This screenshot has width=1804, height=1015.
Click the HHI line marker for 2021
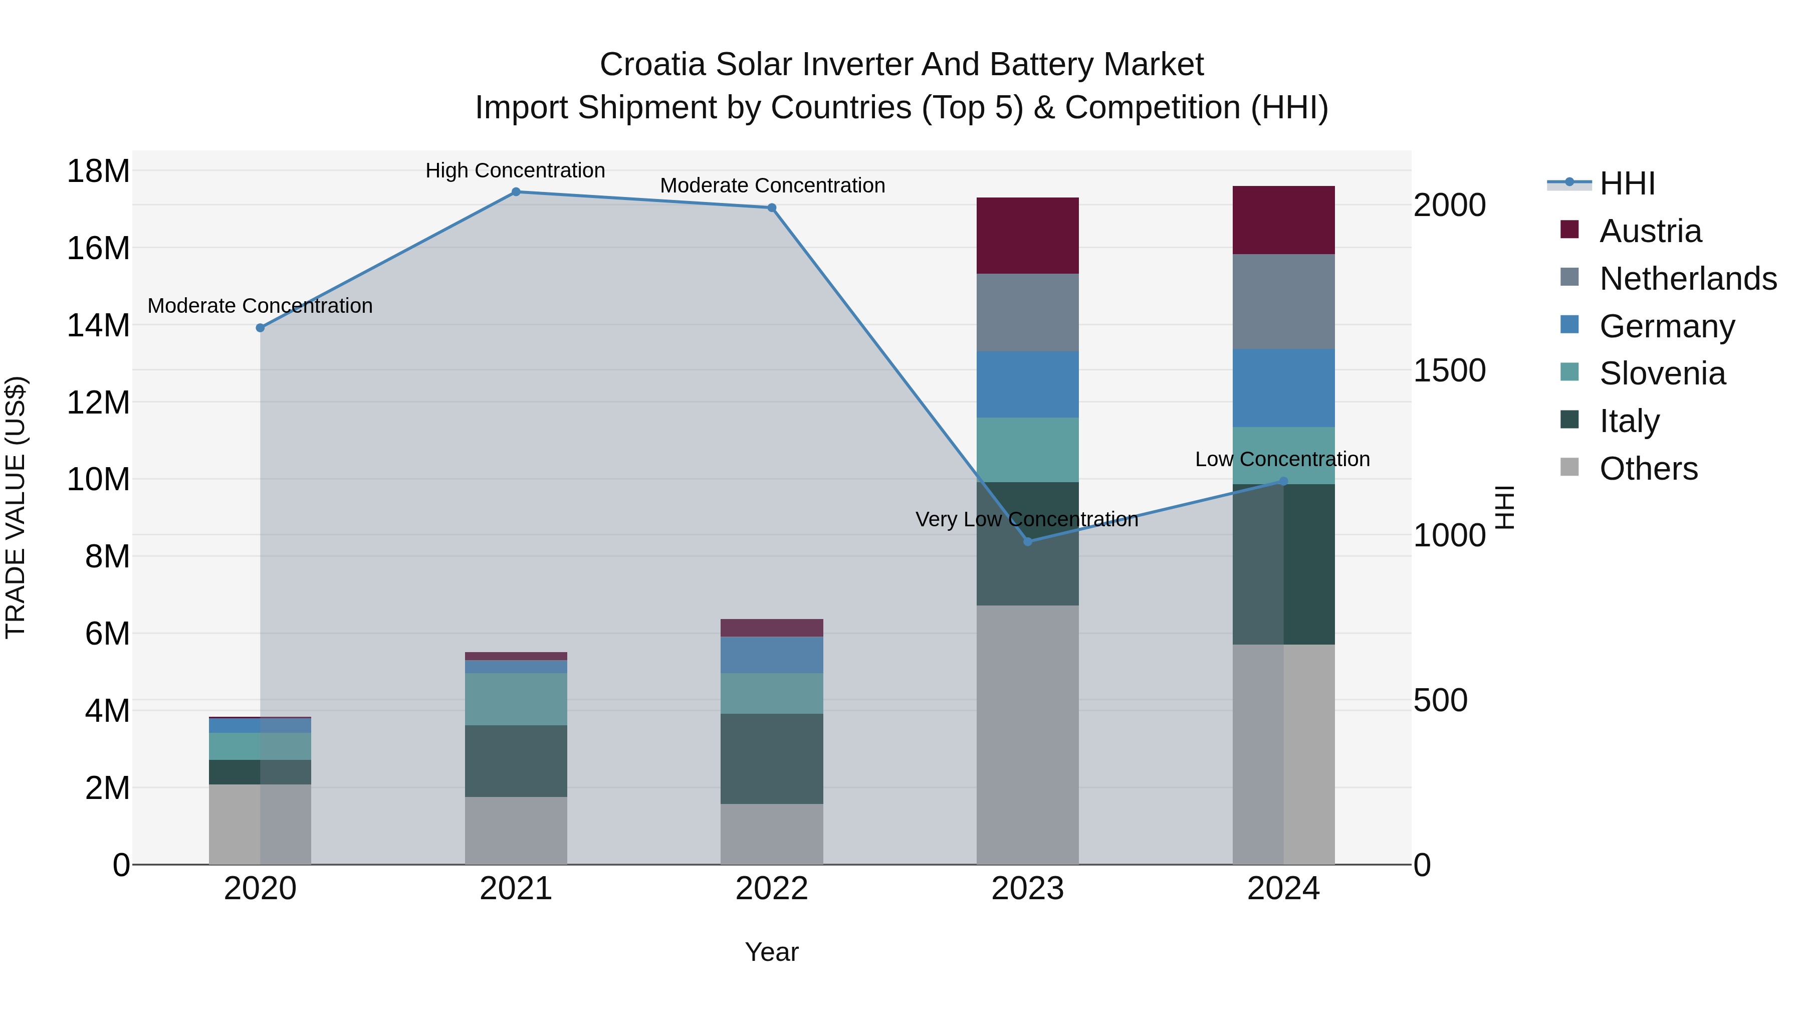516,191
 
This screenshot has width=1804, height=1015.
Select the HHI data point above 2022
772,208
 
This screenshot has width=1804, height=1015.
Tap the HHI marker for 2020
260,328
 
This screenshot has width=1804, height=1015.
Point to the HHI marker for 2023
1027,541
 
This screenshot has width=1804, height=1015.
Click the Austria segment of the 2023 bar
1027,236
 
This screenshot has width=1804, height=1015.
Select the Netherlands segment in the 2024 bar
1283,301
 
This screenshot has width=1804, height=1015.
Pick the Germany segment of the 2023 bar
1027,384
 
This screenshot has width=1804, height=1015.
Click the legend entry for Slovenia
1662,373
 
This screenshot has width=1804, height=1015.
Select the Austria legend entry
1650,231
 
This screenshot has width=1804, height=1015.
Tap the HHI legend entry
1626,183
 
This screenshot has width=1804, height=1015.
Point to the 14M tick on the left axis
98,326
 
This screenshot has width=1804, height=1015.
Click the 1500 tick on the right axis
1449,370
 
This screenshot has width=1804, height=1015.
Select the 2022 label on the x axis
772,889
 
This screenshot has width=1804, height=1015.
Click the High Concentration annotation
516,170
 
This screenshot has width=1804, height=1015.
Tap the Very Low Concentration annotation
1027,519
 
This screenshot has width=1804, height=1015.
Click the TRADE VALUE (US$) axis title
16,507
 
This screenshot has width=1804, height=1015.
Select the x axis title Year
772,952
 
